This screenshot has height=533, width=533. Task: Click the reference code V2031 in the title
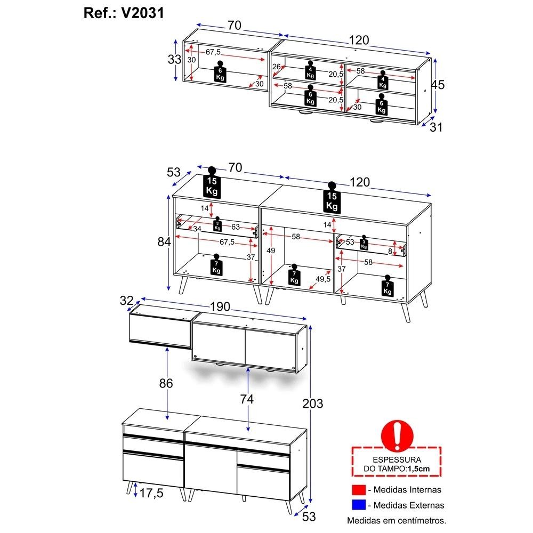coord(142,13)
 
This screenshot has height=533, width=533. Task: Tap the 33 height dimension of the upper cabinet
coord(174,60)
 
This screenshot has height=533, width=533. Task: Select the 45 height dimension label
coord(438,85)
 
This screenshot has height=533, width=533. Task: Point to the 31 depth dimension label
coord(436,127)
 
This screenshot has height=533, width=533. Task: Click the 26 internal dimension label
coord(276,67)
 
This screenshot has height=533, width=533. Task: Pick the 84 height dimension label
coord(164,241)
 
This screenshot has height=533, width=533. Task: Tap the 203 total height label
coord(312,403)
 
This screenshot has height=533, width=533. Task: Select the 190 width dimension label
coord(220,306)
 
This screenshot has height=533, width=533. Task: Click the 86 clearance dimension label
coord(166,383)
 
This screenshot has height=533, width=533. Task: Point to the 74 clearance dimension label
coord(247,399)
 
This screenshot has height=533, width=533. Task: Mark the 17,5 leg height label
coord(151,493)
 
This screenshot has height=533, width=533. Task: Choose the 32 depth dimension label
coord(126,301)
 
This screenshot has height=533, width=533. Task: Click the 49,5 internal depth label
coord(323,279)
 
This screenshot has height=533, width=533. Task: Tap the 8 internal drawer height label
coord(390,251)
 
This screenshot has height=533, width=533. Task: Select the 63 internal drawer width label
coord(236,227)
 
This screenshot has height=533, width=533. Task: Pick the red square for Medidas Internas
coord(359,490)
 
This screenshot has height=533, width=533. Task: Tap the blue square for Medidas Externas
coord(359,505)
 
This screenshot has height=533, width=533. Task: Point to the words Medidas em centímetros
coord(397,520)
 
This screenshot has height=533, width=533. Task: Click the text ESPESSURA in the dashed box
coord(397,459)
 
